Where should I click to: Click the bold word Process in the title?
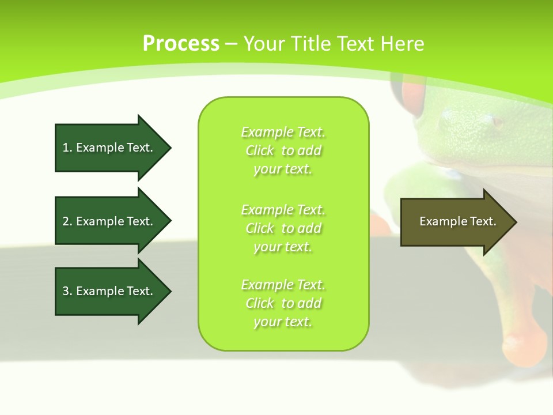[x=181, y=44]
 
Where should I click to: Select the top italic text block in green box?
[x=283, y=150]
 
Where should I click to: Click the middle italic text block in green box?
[x=283, y=228]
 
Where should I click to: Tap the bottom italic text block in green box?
[x=283, y=303]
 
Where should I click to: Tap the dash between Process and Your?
[x=232, y=44]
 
